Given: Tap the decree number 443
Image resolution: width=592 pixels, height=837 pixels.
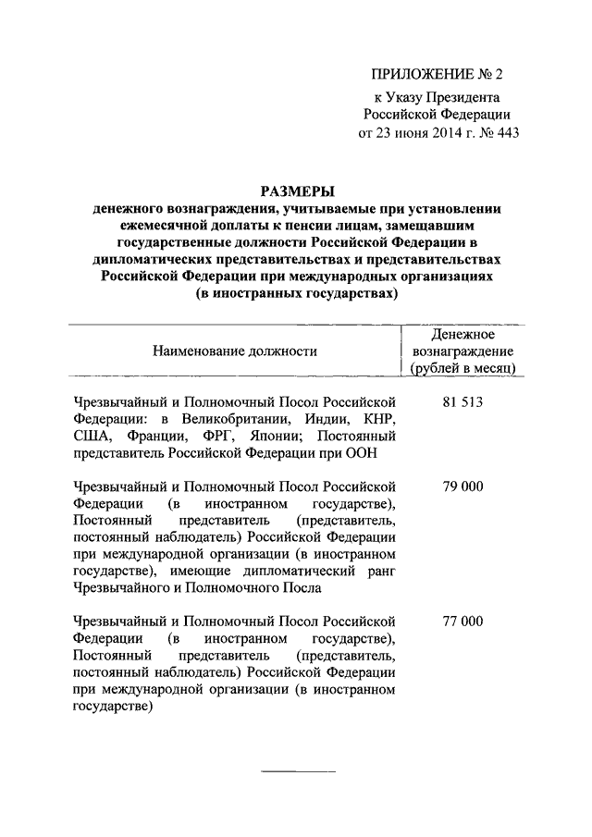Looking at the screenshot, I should (507, 132).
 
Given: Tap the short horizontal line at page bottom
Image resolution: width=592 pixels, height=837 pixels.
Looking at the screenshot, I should (298, 771).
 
